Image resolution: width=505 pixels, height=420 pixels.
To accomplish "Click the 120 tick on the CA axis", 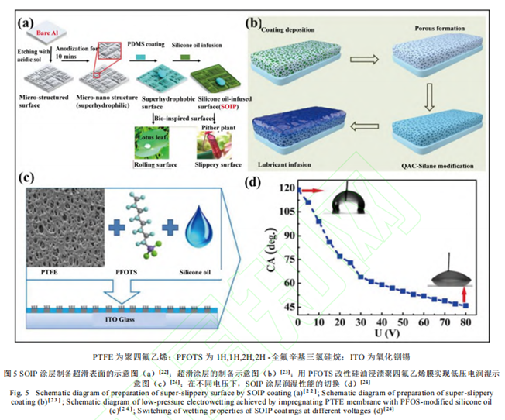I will [x=276, y=188].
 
